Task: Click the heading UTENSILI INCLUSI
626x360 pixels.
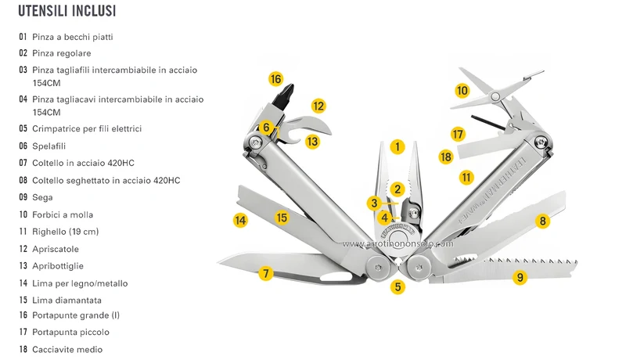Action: [67, 11]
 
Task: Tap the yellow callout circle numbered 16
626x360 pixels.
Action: [275, 79]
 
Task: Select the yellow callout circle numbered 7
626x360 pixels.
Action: [265, 273]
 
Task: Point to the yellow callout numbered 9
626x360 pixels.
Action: [520, 277]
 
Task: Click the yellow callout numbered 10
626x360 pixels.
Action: [462, 91]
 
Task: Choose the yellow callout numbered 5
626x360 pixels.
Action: [398, 286]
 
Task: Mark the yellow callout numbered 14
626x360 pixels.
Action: [240, 220]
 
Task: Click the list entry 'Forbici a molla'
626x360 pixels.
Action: [63, 214]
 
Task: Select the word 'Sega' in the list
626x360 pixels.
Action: [42, 197]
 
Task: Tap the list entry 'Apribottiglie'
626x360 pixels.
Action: [58, 266]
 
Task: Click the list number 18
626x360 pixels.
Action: [23, 349]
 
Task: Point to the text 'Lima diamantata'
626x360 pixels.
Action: [67, 301]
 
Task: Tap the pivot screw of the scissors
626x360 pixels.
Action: [495, 96]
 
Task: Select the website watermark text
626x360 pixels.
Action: [398, 243]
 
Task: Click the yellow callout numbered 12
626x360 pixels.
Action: [318, 106]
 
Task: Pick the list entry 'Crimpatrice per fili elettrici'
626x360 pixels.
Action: [87, 128]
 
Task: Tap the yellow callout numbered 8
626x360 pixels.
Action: [542, 221]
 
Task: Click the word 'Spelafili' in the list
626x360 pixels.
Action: [49, 146]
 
